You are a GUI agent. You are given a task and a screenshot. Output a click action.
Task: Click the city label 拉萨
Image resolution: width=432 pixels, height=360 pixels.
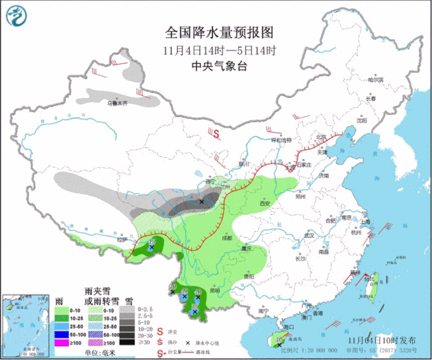click(x=122, y=239)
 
